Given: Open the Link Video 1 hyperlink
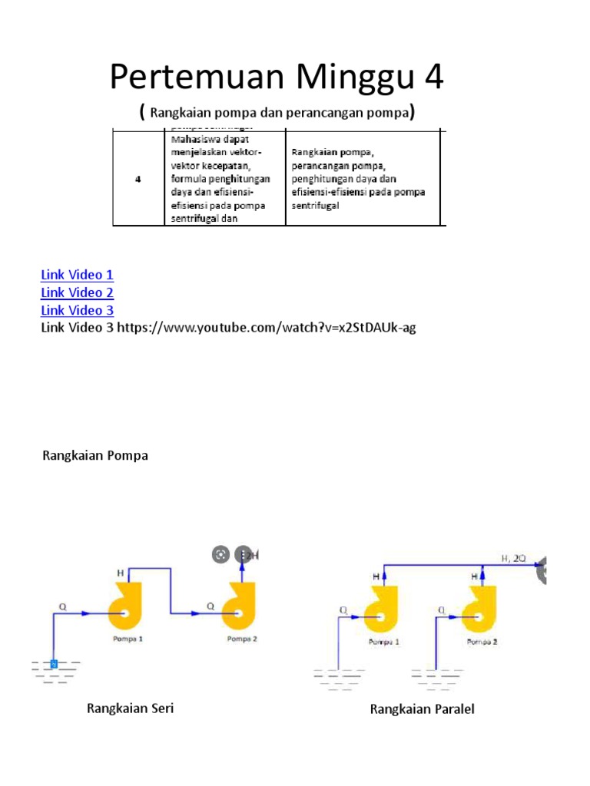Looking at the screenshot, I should (x=77, y=275).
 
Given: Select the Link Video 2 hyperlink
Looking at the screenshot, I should (x=77, y=292).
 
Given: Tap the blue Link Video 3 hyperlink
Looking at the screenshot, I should (x=77, y=310).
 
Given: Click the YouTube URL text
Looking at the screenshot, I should (x=266, y=328).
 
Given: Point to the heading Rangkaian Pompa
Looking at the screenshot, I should (x=94, y=456).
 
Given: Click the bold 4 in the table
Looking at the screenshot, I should (x=138, y=179).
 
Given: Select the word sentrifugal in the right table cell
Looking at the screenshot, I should (x=315, y=206).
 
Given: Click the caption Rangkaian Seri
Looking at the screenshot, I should (x=130, y=708).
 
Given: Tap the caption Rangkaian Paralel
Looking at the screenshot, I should (x=422, y=709).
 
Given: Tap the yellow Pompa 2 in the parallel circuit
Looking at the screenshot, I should (x=479, y=606).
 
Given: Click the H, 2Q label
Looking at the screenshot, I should (x=514, y=559).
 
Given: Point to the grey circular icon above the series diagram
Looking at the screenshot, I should (x=220, y=555).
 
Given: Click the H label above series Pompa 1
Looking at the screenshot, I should (x=120, y=573).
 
